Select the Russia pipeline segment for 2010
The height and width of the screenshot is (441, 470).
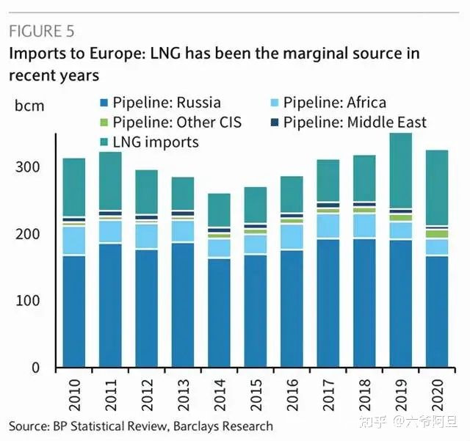coord(73,311)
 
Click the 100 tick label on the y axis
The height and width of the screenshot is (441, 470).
coord(38,301)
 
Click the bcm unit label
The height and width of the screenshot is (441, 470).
coord(29,106)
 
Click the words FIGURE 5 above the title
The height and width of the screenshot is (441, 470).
coord(41,32)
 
